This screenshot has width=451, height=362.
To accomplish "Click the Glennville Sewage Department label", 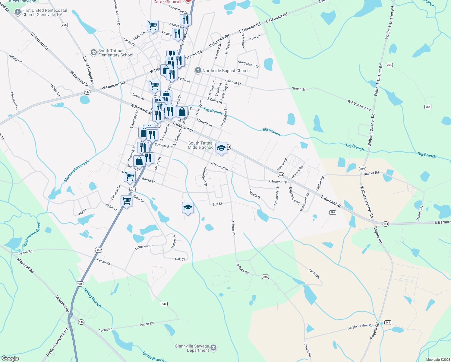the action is coord(192,348).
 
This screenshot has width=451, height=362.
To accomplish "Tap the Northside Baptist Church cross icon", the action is coord(198,71).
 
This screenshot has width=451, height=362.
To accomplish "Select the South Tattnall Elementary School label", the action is coord(115,53).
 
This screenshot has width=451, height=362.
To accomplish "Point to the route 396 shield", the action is coord(64,25).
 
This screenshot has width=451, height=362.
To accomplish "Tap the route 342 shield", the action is coord(164,304).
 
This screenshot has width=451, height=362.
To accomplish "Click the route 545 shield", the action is coord(388,322).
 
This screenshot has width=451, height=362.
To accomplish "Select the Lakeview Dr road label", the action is coord(144,247).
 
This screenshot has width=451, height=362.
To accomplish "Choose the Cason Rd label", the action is coord(314,273).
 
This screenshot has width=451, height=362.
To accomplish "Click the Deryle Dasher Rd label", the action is coord(360,327).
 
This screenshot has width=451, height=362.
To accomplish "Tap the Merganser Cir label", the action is coord(248,64).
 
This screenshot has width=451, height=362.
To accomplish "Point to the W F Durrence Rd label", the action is coord(359,105).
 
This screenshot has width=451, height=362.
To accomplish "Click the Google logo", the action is coord(10,358).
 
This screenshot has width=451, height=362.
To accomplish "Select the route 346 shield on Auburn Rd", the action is coord(265,277).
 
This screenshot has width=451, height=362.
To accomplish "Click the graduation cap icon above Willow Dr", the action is coord(188,208).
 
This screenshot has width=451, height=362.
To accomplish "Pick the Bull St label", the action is coord(217,204).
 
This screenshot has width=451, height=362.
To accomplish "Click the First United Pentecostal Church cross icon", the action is coord(17,12).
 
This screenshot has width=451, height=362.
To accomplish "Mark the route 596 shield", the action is coord(333,212).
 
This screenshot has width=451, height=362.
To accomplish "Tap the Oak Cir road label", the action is coord(180,259).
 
